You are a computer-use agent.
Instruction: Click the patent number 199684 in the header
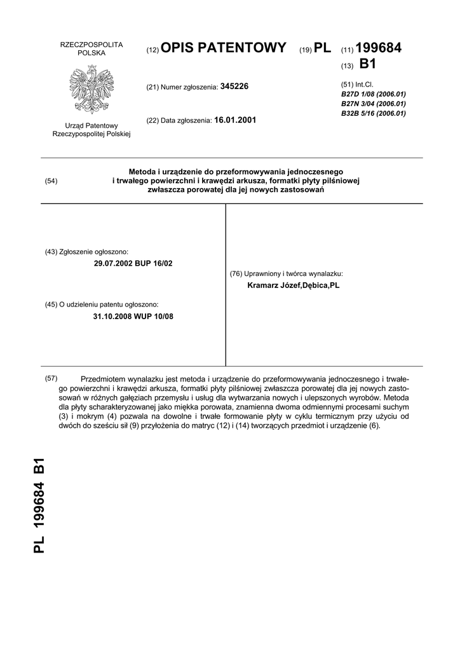(x=379, y=48)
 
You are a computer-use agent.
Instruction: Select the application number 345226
(x=234, y=86)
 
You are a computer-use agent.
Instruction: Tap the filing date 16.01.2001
(x=236, y=120)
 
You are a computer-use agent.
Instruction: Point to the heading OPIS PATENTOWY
(x=224, y=48)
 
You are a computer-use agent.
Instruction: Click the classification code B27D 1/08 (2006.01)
(x=374, y=93)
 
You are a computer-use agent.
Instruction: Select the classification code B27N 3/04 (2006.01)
(x=374, y=104)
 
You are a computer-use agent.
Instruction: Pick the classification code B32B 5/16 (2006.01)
(x=374, y=113)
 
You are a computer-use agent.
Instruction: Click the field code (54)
(x=51, y=181)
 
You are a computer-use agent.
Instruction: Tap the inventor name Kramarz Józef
(x=278, y=286)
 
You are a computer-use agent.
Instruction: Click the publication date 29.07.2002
(x=112, y=263)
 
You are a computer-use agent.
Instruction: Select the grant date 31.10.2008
(x=112, y=316)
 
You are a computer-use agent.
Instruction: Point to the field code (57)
(x=51, y=379)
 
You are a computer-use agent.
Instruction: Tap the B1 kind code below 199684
(x=368, y=64)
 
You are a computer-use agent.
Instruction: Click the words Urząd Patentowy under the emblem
(x=91, y=126)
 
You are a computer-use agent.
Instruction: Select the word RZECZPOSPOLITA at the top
(x=91, y=45)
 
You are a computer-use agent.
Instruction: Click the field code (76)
(x=236, y=274)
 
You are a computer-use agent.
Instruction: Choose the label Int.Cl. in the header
(x=365, y=84)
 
